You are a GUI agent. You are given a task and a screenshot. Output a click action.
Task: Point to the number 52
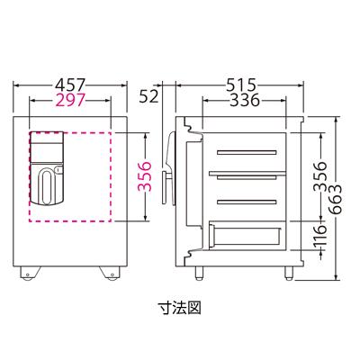click(149, 93)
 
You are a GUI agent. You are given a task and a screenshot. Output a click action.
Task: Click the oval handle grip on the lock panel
click(47, 184)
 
